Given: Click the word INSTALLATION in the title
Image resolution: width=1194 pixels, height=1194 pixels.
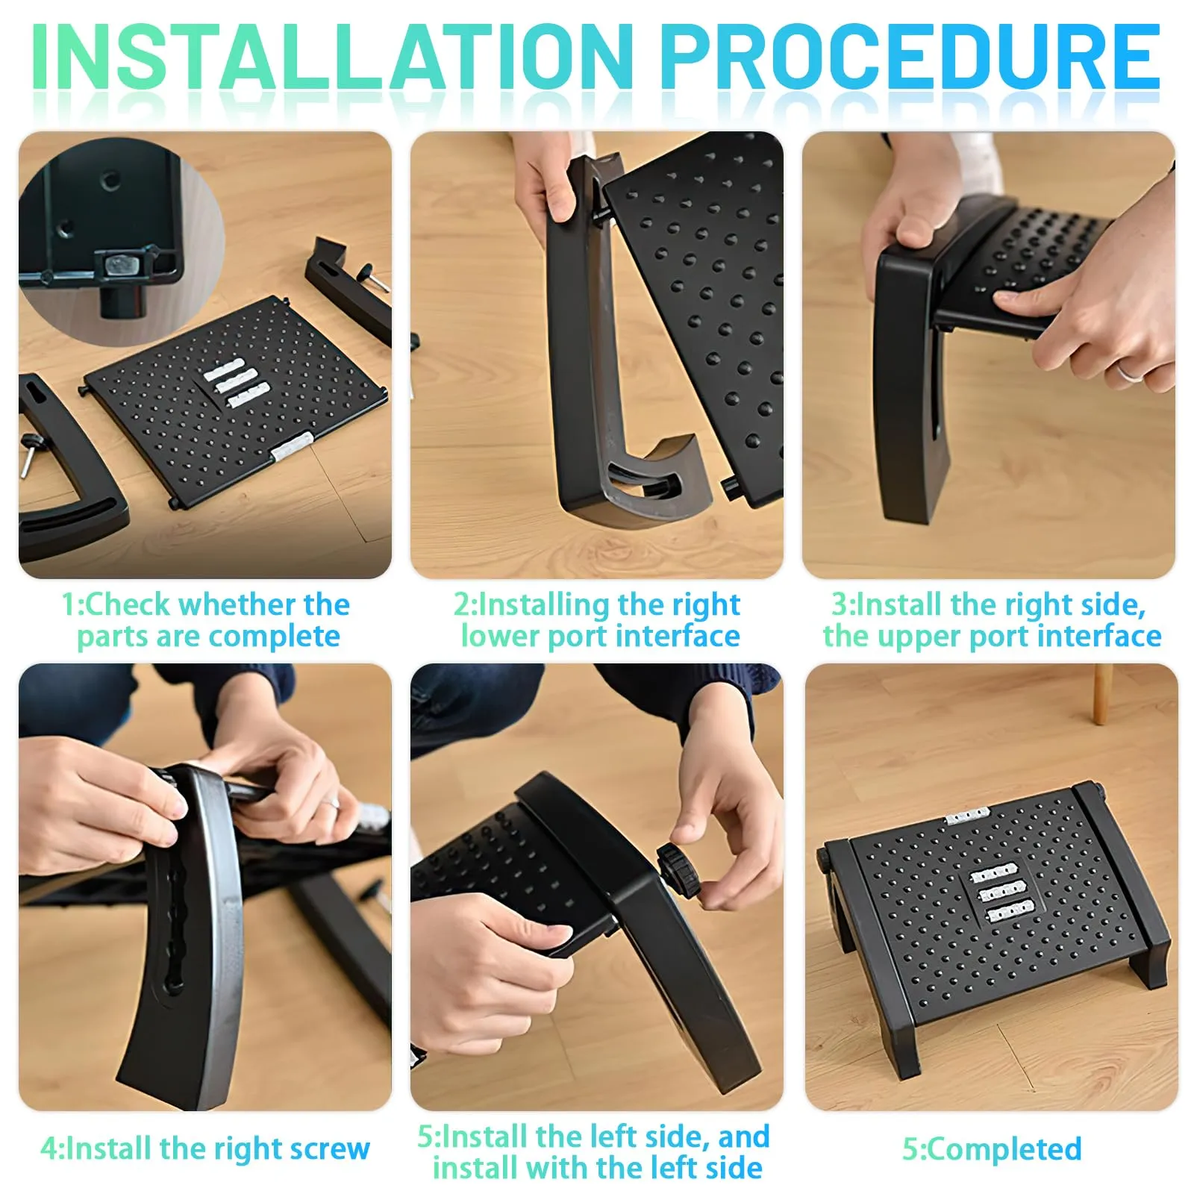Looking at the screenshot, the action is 332,57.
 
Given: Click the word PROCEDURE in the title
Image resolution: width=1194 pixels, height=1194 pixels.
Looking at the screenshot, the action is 910,57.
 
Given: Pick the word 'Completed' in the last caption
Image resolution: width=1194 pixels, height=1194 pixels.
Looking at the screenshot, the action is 1004,1149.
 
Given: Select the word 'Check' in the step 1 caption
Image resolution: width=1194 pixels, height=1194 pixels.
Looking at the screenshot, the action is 127,604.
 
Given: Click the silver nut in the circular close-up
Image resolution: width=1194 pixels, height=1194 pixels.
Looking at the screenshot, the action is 118,264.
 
